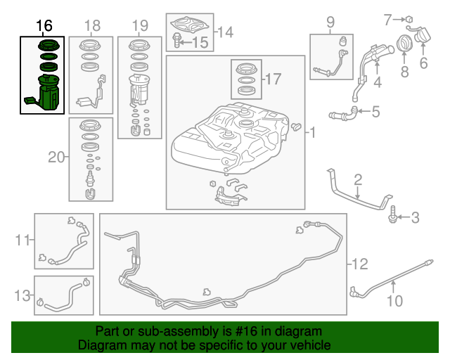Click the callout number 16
point(44,26)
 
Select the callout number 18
point(93,26)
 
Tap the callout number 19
point(139,26)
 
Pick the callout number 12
point(359,264)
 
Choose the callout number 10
point(394,302)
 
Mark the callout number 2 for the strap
point(358,179)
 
